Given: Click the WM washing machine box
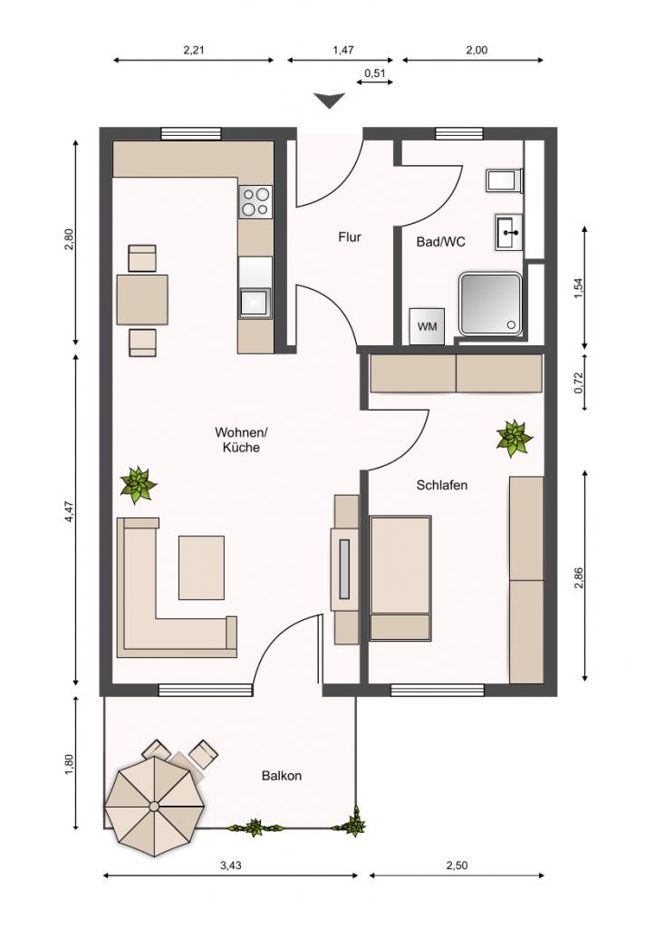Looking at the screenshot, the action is coord(427,326).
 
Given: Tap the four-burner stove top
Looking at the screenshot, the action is coord(255,201).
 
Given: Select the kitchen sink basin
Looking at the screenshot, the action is coord(255,303).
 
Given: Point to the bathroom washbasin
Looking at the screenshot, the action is coord(508,232).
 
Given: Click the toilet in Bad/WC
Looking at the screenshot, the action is coord(505,181).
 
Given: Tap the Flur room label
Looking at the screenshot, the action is coord(350,237).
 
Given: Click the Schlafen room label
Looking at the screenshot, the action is coord(442,486).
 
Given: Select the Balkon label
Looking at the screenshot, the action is coord(282,776).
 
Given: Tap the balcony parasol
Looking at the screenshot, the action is coord(155,806).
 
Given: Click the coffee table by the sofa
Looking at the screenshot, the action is coord(202,567).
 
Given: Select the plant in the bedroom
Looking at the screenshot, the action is coord(514,438).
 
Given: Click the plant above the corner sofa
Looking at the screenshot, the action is coord(138,485).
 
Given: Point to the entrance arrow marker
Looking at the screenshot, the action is coord(329,101).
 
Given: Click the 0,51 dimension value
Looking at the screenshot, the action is coord(374,72).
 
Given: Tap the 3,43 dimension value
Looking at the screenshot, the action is coord(231,865).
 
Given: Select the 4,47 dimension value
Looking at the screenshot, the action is coord(69,511).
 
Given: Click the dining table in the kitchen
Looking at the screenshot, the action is coord(142,299).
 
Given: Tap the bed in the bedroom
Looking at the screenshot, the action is coord(400,578).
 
